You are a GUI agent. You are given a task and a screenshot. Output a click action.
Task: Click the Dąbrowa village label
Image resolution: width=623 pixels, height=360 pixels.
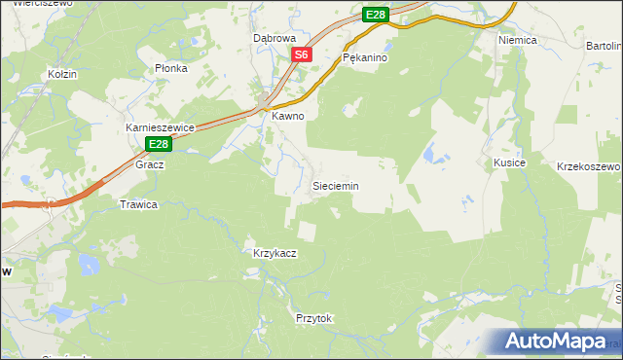click(x=274, y=38)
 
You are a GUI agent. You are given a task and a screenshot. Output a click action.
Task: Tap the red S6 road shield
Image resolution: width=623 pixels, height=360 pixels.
click(x=302, y=55)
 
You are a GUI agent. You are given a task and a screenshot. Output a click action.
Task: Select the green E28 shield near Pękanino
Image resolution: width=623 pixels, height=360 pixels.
click(x=376, y=15)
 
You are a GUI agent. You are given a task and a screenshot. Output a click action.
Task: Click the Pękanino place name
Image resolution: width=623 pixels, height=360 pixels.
click(x=366, y=58)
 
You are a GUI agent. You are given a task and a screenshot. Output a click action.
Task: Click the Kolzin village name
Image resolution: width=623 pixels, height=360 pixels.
click(x=62, y=74)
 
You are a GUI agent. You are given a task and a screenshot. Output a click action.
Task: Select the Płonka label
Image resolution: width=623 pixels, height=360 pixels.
click(x=171, y=69)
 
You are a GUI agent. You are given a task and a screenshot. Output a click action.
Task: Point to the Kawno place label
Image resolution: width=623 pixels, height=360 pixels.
click(x=288, y=116)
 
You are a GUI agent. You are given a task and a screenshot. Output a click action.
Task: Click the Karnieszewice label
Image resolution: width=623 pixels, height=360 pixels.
click(x=162, y=127)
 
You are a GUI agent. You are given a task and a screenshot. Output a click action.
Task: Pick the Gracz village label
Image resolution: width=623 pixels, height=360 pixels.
click(x=150, y=164)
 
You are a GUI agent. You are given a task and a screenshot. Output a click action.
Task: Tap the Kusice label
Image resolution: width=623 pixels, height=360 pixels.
click(x=509, y=162)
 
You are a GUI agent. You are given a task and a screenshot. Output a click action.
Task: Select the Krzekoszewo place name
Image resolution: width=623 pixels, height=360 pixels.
click(x=588, y=166)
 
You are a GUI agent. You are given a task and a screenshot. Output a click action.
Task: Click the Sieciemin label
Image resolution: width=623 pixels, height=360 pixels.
click(x=335, y=185)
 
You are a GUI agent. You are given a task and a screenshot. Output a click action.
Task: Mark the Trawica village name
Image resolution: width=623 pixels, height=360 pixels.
click(x=138, y=204)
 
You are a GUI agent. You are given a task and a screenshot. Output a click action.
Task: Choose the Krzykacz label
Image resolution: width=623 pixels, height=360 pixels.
click(x=275, y=253)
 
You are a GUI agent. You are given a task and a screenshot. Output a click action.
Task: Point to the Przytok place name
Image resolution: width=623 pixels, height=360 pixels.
click(x=314, y=318)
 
